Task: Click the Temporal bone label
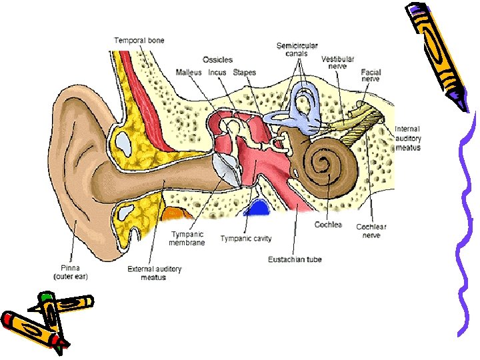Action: pos(139,41)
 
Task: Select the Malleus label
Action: pos(189,72)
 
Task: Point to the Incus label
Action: pos(217,72)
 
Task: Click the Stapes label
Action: pos(244,72)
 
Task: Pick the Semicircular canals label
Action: pos(297,49)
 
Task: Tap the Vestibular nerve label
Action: pos(338,63)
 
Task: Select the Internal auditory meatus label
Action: pos(408,138)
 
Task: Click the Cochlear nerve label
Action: pos(371,231)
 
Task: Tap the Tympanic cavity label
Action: pos(246,239)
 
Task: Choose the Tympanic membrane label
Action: pos(188,238)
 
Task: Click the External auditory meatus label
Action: pos(154,273)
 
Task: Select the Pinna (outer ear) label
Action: pos(71,271)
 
